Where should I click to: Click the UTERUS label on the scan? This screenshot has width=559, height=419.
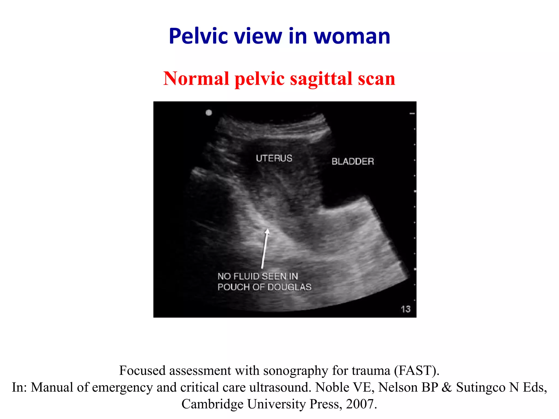pos(274,158)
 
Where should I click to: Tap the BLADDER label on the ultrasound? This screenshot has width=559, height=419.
pos(353,161)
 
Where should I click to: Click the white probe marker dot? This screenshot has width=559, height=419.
pos(209,113)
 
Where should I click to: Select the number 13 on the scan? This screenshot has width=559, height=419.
pos(406,309)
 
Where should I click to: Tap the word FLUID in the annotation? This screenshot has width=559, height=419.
pos(246,276)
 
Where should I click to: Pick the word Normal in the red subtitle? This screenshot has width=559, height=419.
pos(196,79)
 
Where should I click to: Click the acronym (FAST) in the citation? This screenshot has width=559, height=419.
pos(417,371)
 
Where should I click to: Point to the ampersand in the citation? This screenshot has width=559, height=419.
pos(447,387)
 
